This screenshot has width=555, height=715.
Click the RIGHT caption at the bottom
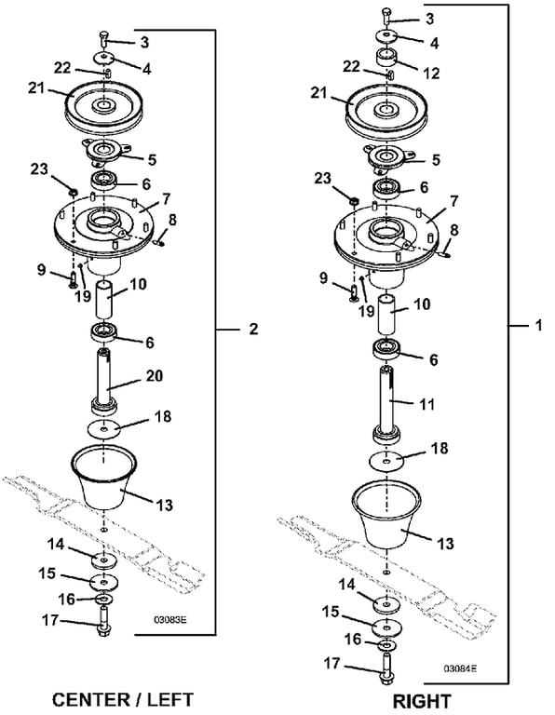point(422,701)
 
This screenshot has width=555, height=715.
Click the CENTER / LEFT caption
point(123,699)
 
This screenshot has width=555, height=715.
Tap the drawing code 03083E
point(170,620)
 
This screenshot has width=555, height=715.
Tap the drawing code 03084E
point(461,668)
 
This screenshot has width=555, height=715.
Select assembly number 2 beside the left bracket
point(253,329)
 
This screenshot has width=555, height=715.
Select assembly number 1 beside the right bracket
point(539,326)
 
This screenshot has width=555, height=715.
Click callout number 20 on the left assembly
point(155,376)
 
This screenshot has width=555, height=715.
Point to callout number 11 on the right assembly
point(426,404)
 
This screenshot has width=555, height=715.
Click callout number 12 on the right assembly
point(431,73)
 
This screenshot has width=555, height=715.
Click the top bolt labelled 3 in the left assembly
point(103,38)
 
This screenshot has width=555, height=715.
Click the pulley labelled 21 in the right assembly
point(386,111)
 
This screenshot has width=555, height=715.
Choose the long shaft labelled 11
point(388,403)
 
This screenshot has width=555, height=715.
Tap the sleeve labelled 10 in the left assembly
point(105,300)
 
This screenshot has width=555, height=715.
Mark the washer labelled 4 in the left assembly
point(104,58)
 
